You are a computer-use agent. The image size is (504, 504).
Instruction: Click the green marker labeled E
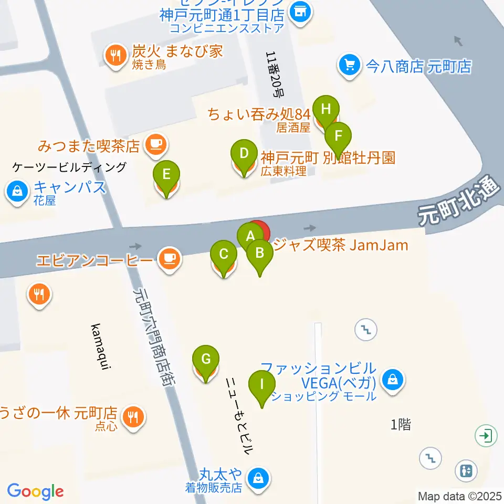[x=166, y=174]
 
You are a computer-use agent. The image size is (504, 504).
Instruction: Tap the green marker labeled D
[x=244, y=154]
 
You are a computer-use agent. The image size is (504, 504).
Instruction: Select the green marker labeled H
[x=326, y=110]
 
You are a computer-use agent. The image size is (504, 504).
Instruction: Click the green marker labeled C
[x=224, y=255]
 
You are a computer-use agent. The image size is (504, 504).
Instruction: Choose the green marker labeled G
[x=206, y=360]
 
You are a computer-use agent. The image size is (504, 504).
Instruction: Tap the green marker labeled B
[x=259, y=254]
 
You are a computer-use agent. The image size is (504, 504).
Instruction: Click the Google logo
[x=35, y=491]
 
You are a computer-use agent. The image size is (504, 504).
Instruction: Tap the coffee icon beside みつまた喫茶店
[x=155, y=143]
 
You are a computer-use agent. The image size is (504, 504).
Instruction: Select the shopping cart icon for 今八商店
[x=348, y=65]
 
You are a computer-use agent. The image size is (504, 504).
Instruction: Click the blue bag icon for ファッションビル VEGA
[x=392, y=379]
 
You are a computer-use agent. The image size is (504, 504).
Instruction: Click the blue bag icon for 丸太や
[x=258, y=478]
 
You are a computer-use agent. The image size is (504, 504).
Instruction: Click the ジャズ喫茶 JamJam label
[x=341, y=245]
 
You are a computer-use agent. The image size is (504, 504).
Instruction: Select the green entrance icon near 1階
[x=487, y=435]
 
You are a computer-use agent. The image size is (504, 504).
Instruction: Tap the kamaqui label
[x=101, y=347]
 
